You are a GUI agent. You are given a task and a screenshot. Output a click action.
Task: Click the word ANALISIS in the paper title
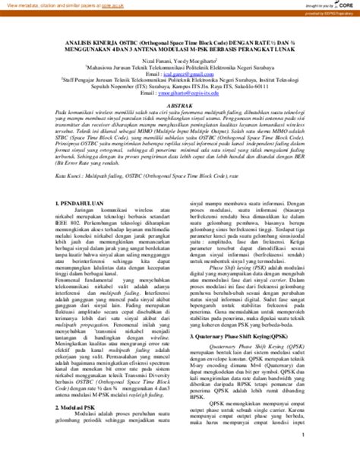pos(81,42)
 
